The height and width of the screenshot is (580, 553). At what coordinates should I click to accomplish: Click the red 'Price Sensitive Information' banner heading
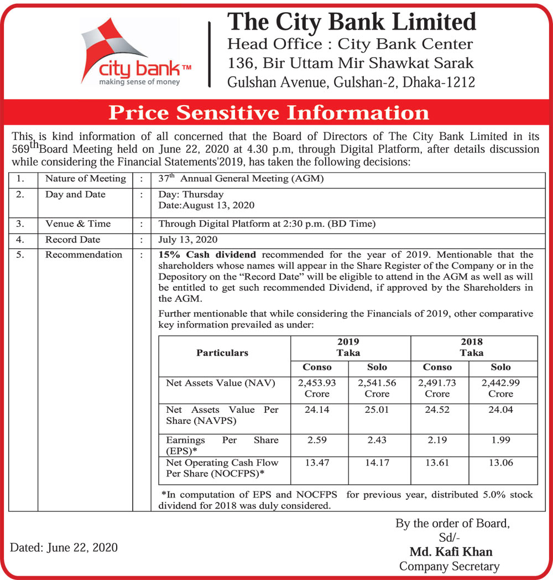[269, 113]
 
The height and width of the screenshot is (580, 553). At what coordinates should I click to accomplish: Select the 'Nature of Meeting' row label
[85, 179]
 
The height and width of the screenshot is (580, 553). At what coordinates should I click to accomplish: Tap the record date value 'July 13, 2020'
[188, 240]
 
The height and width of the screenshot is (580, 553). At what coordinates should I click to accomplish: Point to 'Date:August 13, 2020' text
[206, 205]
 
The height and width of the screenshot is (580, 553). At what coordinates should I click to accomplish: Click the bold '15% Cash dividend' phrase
[207, 255]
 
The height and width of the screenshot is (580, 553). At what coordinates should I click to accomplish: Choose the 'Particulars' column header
[222, 353]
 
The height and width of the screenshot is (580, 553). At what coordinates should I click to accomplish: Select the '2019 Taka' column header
[348, 347]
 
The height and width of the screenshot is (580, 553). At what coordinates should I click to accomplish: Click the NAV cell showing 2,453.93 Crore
[317, 388]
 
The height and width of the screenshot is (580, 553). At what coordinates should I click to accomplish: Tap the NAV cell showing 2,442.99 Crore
[500, 388]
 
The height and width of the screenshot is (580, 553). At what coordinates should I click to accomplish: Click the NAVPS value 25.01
[377, 410]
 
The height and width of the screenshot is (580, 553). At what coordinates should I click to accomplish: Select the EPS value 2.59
[317, 440]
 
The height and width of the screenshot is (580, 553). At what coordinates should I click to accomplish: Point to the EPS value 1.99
[500, 440]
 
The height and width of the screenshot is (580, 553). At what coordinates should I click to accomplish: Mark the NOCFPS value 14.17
[377, 463]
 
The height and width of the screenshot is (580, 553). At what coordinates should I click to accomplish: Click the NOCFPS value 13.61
[437, 463]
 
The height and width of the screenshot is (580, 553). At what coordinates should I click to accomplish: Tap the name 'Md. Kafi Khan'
[451, 552]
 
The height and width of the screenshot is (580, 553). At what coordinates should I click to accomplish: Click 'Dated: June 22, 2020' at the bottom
[64, 547]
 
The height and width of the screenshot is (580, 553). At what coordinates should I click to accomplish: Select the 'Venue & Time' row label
[78, 224]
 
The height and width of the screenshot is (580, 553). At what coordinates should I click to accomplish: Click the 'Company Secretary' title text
[449, 566]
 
